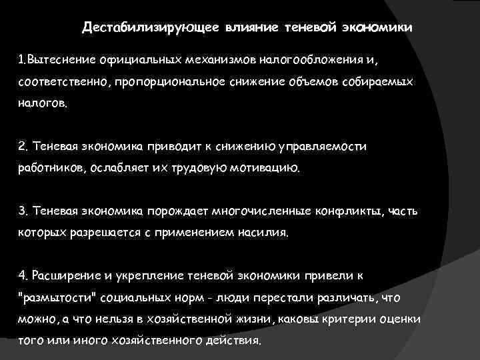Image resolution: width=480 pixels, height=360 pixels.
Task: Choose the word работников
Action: pos(51,168)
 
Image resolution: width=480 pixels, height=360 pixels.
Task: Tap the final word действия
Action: pos(236,339)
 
